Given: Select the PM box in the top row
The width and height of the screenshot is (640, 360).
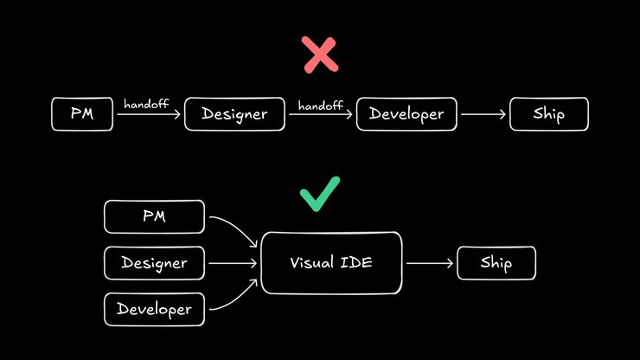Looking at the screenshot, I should click(x=82, y=114).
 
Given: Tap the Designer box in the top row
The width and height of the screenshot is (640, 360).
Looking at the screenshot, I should click(x=235, y=114).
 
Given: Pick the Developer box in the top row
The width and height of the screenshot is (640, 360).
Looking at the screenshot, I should click(x=406, y=114).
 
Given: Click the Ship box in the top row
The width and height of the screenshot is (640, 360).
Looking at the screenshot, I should click(x=549, y=114).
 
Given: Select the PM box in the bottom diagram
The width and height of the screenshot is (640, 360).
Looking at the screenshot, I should click(x=154, y=216).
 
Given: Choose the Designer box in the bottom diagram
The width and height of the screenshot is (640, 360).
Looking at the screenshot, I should click(x=154, y=263).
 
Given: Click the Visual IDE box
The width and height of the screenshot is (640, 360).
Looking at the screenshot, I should click(x=331, y=263).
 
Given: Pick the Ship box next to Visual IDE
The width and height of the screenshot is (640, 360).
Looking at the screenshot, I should click(x=496, y=263).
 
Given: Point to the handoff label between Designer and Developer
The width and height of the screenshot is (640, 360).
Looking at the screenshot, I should click(x=321, y=105).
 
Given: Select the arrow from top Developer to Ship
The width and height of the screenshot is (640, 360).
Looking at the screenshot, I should click(x=485, y=114).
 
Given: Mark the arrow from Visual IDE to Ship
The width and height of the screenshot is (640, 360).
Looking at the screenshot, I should click(x=430, y=263).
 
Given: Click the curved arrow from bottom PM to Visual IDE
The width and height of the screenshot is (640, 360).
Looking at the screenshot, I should click(x=235, y=230).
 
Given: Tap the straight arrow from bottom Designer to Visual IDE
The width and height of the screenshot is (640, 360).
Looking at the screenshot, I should click(x=233, y=263).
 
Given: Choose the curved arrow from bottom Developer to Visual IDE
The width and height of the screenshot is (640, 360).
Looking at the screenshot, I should click(x=235, y=297).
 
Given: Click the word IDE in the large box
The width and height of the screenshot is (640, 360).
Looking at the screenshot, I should click(x=357, y=263).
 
